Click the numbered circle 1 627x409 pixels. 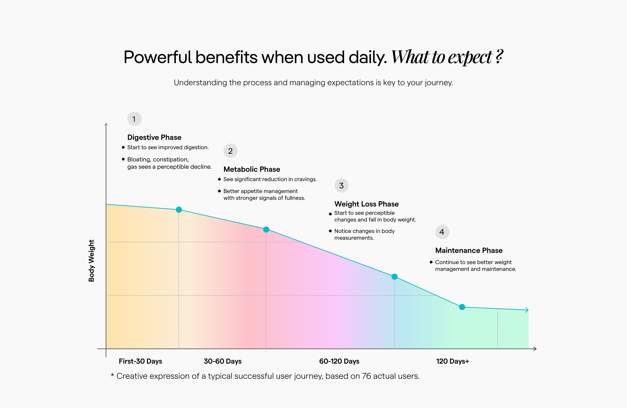pyautogui.click(x=134, y=119)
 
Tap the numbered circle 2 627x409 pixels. pyautogui.click(x=230, y=151)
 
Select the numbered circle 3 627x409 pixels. pyautogui.click(x=341, y=186)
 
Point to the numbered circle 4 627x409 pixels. pyautogui.click(x=442, y=232)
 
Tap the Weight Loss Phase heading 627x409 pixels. pyautogui.click(x=366, y=204)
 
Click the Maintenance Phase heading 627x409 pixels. pyautogui.click(x=469, y=250)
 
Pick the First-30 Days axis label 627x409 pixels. pyautogui.click(x=140, y=361)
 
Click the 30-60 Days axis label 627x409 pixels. pyautogui.click(x=223, y=361)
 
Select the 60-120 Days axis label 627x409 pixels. pyautogui.click(x=339, y=361)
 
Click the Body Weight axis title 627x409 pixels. pyautogui.click(x=91, y=261)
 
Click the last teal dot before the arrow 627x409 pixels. pyautogui.click(x=462, y=307)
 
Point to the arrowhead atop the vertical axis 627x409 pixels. pyautogui.click(x=106, y=125)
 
